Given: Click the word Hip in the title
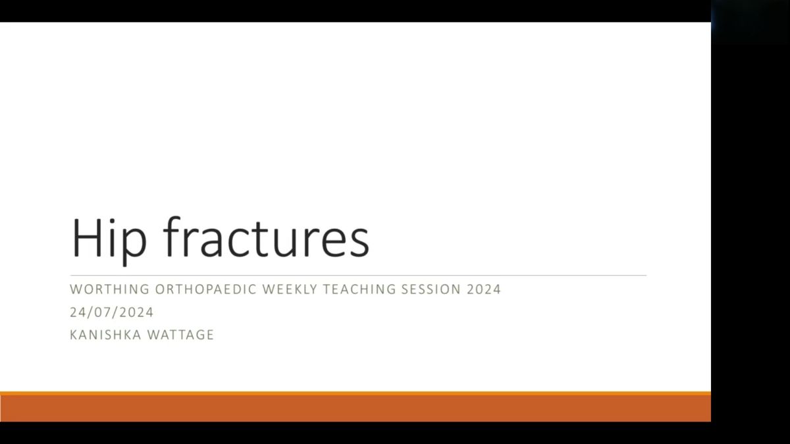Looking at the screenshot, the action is click(109, 241).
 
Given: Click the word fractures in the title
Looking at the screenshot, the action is click(266, 237).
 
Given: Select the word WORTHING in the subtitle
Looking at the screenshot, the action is click(110, 289).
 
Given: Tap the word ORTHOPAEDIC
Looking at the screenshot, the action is click(205, 289).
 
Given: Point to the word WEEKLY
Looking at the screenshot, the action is click(290, 289).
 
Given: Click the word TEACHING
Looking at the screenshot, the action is click(359, 289).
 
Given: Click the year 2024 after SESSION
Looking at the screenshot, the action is click(483, 289).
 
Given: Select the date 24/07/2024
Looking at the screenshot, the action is click(111, 312).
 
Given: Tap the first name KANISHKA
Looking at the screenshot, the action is click(105, 335).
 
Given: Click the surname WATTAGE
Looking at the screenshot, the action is click(180, 335).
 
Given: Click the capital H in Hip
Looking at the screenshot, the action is click(86, 238).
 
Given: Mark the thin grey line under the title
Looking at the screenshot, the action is click(358, 275).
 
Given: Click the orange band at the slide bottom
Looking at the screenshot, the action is click(355, 407).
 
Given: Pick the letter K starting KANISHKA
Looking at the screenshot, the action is click(74, 335).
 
